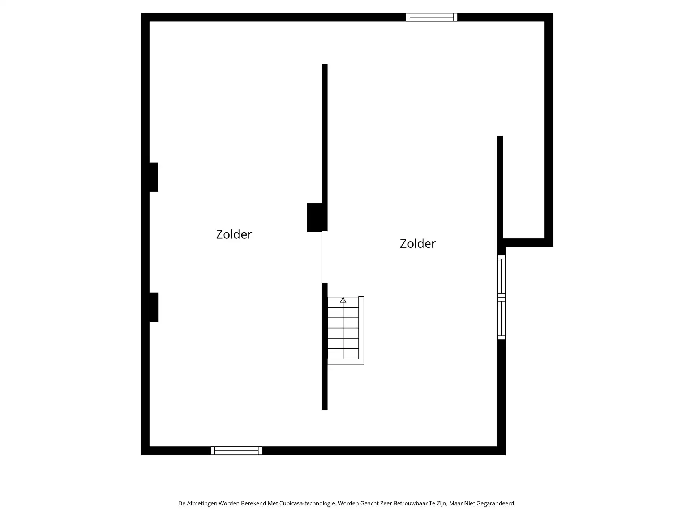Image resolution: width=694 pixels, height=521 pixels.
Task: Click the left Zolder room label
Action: click(x=234, y=234)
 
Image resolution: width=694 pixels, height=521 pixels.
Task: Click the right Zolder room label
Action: click(x=417, y=244)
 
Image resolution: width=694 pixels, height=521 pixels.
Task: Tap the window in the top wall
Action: click(x=432, y=17)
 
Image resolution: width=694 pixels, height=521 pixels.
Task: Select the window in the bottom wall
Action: click(x=236, y=451)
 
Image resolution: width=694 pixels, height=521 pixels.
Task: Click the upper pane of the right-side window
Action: click(x=501, y=276)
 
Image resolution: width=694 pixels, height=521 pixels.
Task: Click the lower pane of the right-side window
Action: click(x=501, y=318)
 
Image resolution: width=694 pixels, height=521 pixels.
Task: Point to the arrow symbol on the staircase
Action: click(x=343, y=300)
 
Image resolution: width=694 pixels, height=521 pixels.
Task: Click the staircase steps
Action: click(x=343, y=333)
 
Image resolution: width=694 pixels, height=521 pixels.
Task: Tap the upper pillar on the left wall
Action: click(x=154, y=177)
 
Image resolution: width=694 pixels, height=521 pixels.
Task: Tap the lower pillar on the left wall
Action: click(x=154, y=307)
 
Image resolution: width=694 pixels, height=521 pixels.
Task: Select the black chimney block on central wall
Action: click(x=314, y=217)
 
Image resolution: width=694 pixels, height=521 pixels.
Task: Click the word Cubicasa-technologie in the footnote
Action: click(x=308, y=503)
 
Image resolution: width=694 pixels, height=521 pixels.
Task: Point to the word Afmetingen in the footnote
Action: click(x=202, y=503)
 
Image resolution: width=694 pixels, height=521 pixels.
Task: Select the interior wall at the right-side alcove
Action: click(x=500, y=188)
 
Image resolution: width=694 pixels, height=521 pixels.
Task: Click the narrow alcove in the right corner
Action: click(x=523, y=188)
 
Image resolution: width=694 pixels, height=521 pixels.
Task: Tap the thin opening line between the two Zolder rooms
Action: click(x=322, y=257)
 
